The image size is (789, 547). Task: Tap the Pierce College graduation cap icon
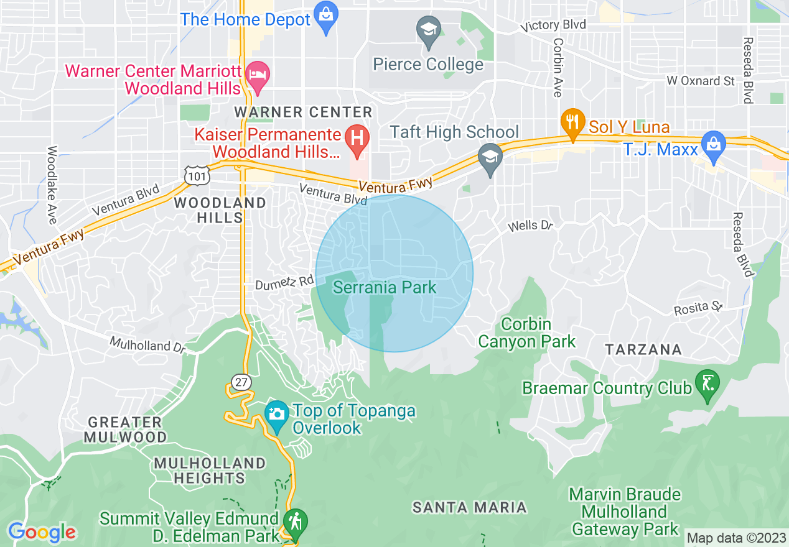(x=428, y=32)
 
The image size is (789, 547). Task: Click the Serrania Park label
(x=385, y=288)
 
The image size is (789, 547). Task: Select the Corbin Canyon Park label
(x=526, y=333)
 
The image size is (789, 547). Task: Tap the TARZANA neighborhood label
(x=644, y=349)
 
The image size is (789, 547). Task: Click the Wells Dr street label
(x=530, y=226)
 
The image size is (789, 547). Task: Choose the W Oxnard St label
(x=700, y=81)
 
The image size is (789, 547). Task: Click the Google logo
(x=42, y=533)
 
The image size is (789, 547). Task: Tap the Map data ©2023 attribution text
(x=736, y=538)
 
